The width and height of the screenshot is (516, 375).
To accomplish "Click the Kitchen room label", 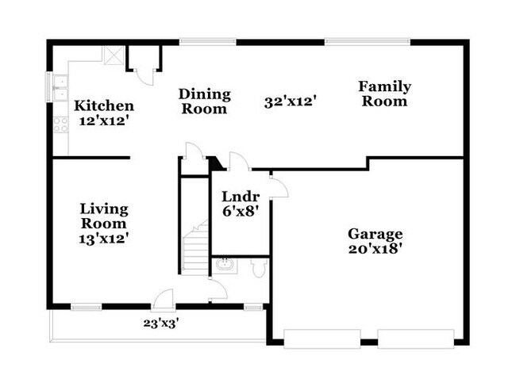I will coord(104,106).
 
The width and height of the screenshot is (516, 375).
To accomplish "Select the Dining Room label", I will coord(205,101).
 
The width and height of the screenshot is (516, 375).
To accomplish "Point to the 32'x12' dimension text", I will coord(291,101).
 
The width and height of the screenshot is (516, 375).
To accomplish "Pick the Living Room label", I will coord(104,216).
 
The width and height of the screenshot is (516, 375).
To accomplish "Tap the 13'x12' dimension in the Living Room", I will coord(104,237).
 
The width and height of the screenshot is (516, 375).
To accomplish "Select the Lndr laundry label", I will coord(237,197).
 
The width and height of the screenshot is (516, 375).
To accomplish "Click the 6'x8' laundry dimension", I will coord(237,212).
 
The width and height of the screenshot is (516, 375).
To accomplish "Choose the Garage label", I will coord(375,234).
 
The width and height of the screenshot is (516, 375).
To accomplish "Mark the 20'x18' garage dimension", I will coord(375,248).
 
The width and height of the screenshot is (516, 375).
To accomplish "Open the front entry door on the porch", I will coord(164,300).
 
